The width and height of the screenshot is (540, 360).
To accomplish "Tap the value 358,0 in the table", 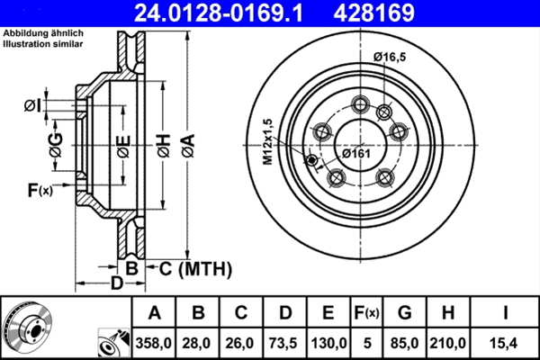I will click(154, 343).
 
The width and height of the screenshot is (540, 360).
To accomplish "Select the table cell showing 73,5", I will click(285, 343).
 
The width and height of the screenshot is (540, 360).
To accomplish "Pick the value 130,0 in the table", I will click(329, 343).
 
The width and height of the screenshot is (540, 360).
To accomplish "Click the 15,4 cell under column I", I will click(506, 343).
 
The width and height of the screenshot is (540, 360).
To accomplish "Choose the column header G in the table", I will click(404, 313).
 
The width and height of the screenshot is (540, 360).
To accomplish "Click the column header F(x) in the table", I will click(367, 313).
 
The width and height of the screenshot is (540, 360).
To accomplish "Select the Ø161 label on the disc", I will click(357, 152).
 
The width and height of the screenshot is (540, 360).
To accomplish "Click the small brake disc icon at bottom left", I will click(27, 328).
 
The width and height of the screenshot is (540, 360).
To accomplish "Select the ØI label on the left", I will click(33, 106).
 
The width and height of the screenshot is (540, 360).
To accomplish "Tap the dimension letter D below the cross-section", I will click(116, 284).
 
